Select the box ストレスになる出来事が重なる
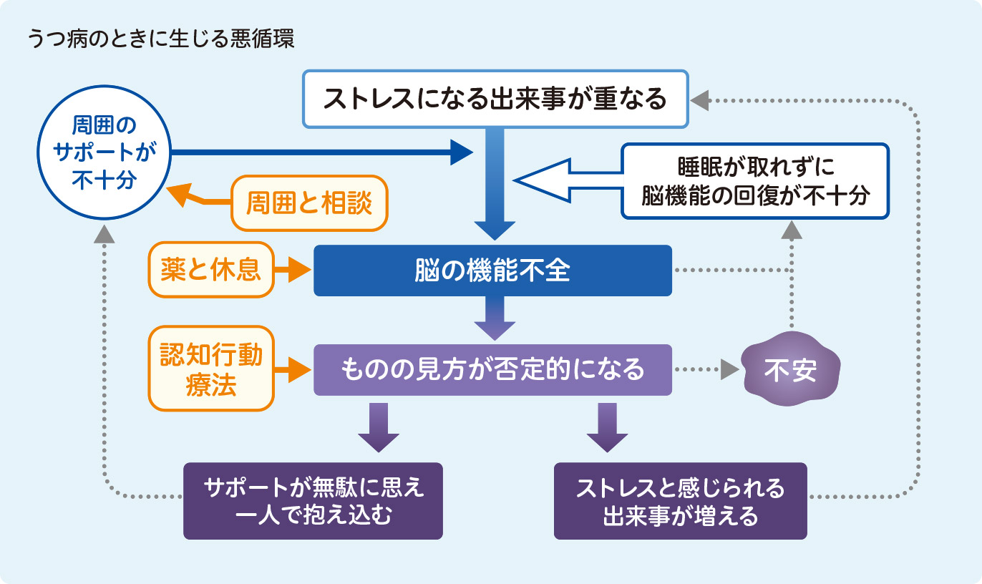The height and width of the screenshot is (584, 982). pyautogui.click(x=495, y=99)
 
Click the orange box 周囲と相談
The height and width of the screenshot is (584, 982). pyautogui.click(x=309, y=203)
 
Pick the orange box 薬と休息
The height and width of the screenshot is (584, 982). pyautogui.click(x=211, y=271)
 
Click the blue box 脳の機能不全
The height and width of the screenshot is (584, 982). pyautogui.click(x=492, y=271)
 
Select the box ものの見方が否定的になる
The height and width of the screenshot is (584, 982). pyautogui.click(x=492, y=370)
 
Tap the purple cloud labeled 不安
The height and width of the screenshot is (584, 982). pyautogui.click(x=790, y=370)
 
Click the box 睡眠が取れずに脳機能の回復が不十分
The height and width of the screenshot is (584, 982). pyautogui.click(x=755, y=181)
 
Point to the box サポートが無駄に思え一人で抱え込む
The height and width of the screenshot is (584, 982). pyautogui.click(x=313, y=501)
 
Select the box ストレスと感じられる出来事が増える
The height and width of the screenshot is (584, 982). pyautogui.click(x=680, y=501)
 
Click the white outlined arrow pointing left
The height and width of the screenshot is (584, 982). pyautogui.click(x=565, y=181)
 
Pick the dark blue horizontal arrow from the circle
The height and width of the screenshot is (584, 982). pyautogui.click(x=322, y=152)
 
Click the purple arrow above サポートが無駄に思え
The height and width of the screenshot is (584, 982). pyautogui.click(x=379, y=428)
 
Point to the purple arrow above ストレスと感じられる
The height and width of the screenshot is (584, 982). pyautogui.click(x=607, y=428)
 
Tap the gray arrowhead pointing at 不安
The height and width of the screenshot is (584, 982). pyautogui.click(x=729, y=370)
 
